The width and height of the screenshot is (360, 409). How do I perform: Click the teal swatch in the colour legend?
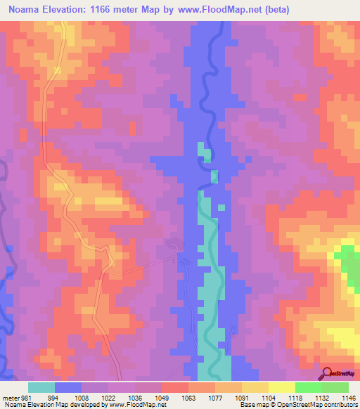[x=41, y=387]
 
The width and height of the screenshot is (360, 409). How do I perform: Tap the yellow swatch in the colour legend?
[x=282, y=387]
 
